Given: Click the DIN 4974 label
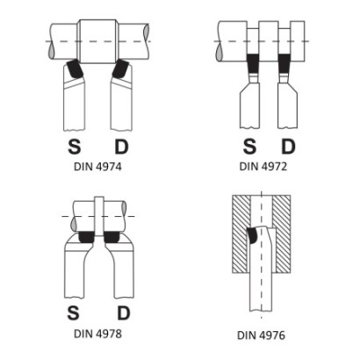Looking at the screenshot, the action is [x=97, y=167].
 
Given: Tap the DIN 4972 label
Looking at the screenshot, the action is [x=263, y=166].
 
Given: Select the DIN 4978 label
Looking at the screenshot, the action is [x=97, y=334].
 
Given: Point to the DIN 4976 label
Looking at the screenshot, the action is [x=261, y=335].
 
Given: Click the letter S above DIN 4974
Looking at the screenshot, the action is [x=75, y=147].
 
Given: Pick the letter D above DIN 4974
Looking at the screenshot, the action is [x=121, y=147].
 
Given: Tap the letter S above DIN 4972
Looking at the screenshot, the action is [x=249, y=147].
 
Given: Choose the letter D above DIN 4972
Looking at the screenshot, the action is [x=288, y=147].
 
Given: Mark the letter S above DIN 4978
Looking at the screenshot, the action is [x=73, y=313].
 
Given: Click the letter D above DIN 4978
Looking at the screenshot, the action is [x=124, y=313].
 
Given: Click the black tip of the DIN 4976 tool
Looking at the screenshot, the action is [x=253, y=235].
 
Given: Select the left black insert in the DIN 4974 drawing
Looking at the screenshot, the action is [x=75, y=69].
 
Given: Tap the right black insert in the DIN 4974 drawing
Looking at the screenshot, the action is [x=121, y=69].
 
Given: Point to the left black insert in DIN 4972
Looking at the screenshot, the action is [x=253, y=63].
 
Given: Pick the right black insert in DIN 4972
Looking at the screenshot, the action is [x=284, y=63].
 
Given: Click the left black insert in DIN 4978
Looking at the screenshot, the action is [x=86, y=237].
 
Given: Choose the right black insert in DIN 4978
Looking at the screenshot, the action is [x=112, y=237].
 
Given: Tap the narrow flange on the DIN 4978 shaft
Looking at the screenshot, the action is [x=99, y=216].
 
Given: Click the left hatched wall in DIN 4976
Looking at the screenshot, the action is [x=241, y=234].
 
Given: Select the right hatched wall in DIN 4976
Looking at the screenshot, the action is [x=282, y=234].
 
